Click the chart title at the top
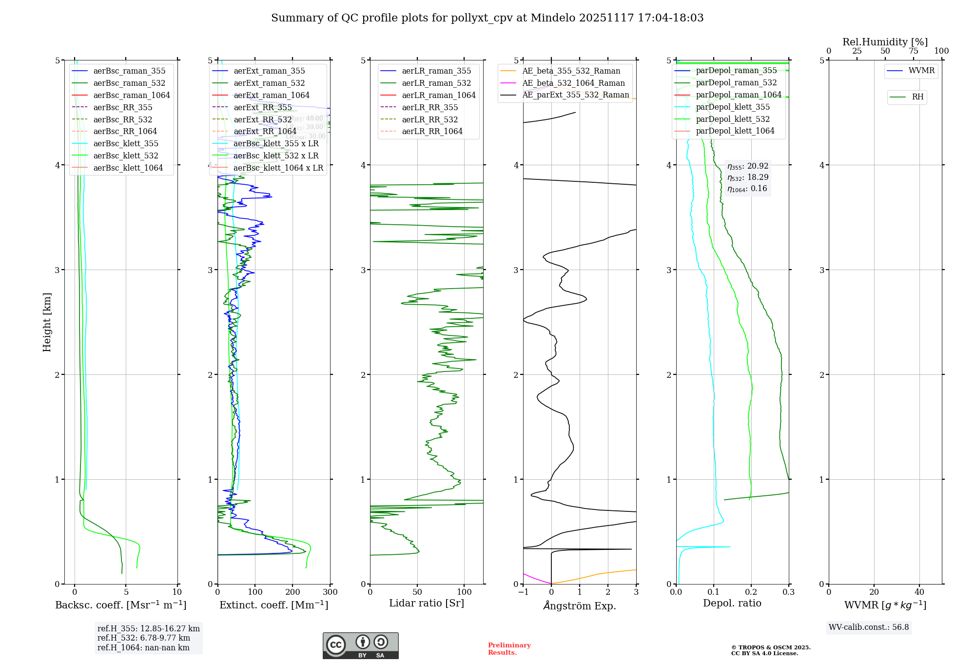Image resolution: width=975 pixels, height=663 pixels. pyautogui.click(x=487, y=18)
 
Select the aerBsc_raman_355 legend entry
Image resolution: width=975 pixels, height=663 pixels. pyautogui.click(x=129, y=71)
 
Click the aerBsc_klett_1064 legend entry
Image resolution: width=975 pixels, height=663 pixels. pyautogui.click(x=128, y=168)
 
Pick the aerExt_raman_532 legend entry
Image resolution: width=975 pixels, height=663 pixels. pyautogui.click(x=269, y=83)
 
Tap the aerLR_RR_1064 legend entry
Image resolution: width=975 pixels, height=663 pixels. pyautogui.click(x=432, y=131)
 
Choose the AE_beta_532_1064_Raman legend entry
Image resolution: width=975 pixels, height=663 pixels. pyautogui.click(x=573, y=83)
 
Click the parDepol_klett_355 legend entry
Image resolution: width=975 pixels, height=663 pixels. pyautogui.click(x=733, y=107)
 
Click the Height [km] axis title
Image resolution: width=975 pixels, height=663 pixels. pyautogui.click(x=47, y=322)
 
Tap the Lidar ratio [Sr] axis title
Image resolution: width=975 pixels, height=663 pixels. pyautogui.click(x=427, y=603)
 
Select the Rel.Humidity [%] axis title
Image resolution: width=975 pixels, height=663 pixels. pyautogui.click(x=885, y=42)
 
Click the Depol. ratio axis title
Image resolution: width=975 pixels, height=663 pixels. pyautogui.click(x=732, y=603)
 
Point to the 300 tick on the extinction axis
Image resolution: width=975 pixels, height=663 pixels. pyautogui.click(x=330, y=592)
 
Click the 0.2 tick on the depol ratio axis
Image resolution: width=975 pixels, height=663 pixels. pyautogui.click(x=751, y=592)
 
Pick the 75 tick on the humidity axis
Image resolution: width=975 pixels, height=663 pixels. pyautogui.click(x=913, y=51)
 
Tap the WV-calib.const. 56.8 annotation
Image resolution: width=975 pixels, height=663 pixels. pyautogui.click(x=869, y=627)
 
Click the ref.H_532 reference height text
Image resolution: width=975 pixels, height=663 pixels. pyautogui.click(x=144, y=638)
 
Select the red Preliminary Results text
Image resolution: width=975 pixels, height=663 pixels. pyautogui.click(x=509, y=649)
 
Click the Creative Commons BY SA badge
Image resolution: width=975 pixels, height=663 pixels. pyautogui.click(x=360, y=646)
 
